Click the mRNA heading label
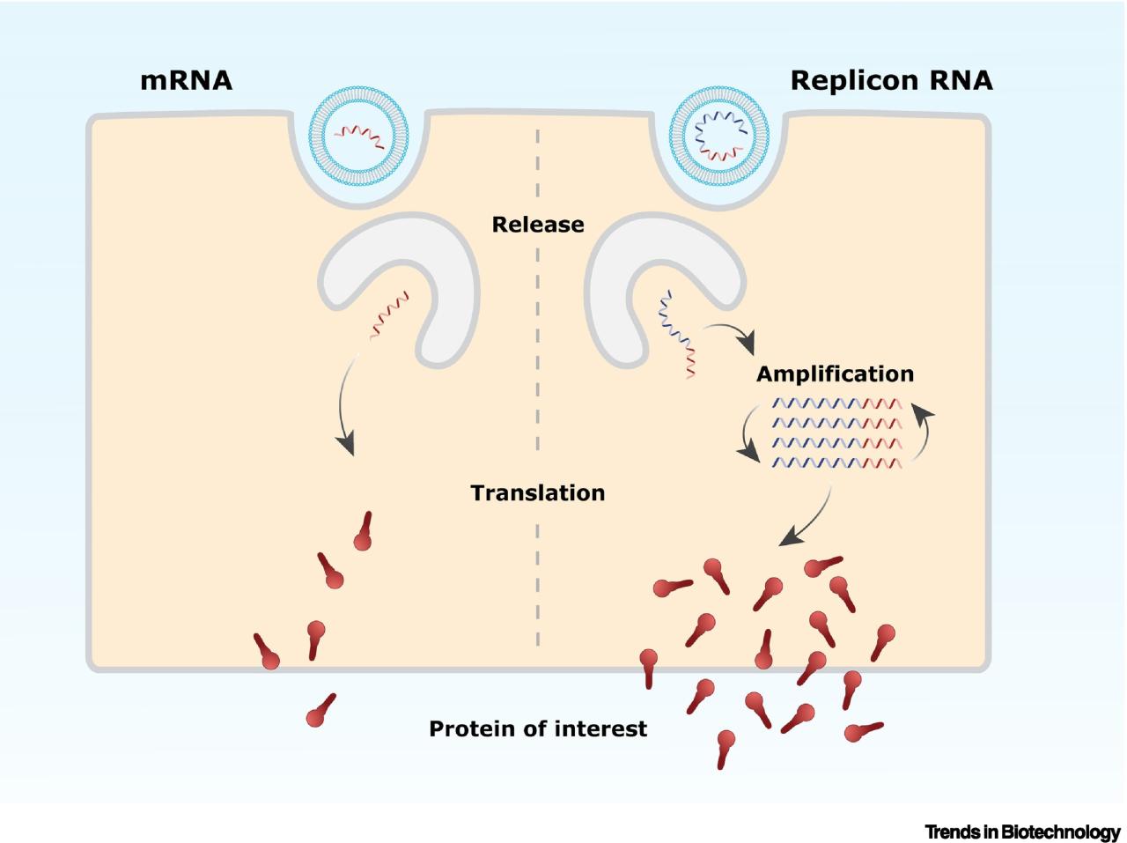pyautogui.click(x=186, y=81)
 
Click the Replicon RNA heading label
pyautogui.click(x=891, y=81)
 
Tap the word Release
pyautogui.click(x=537, y=225)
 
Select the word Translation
pyautogui.click(x=537, y=492)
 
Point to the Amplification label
pyautogui.click(x=835, y=373)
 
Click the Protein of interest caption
pyautogui.click(x=537, y=728)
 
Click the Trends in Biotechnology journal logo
pyautogui.click(x=1022, y=832)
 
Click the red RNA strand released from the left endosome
pyautogui.click(x=389, y=316)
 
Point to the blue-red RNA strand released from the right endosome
pyautogui.click(x=677, y=336)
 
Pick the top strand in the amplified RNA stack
pyautogui.click(x=836, y=404)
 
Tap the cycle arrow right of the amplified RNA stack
pyautogui.click(x=924, y=432)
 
